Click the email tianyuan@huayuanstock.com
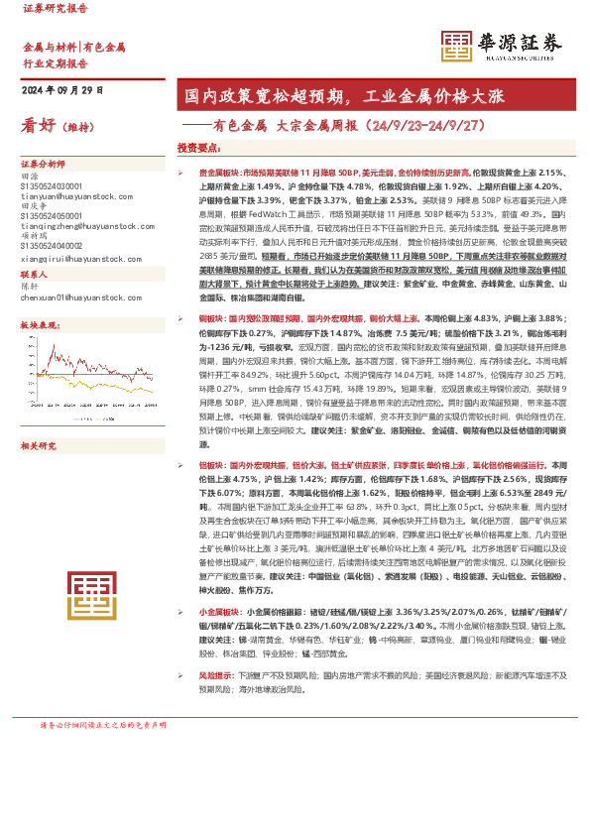[65, 195]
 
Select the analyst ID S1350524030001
[53, 185]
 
